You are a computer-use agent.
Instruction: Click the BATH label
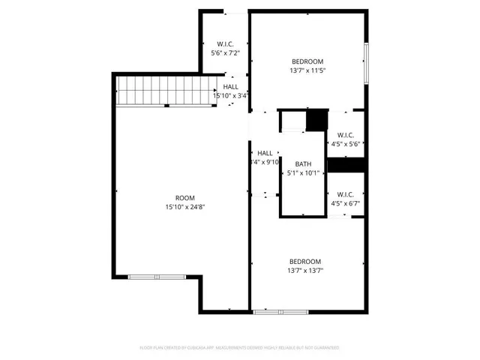(x=303, y=164)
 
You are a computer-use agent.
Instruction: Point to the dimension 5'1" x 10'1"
(x=303, y=173)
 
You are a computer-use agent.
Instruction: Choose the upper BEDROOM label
(x=307, y=61)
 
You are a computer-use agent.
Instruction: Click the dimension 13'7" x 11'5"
(x=307, y=70)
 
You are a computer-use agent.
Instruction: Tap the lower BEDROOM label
(x=305, y=262)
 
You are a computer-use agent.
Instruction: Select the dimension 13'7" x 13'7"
(x=305, y=271)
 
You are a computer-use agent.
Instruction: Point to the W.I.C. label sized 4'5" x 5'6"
(x=346, y=134)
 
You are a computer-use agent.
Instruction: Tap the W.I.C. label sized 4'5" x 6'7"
(x=346, y=193)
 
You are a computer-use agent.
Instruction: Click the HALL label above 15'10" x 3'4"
(x=230, y=87)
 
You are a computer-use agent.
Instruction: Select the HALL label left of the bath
(x=265, y=153)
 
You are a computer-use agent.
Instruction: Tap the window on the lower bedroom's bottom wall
(x=280, y=311)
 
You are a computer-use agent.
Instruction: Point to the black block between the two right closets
(x=346, y=164)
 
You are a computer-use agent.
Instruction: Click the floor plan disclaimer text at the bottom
(x=240, y=348)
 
